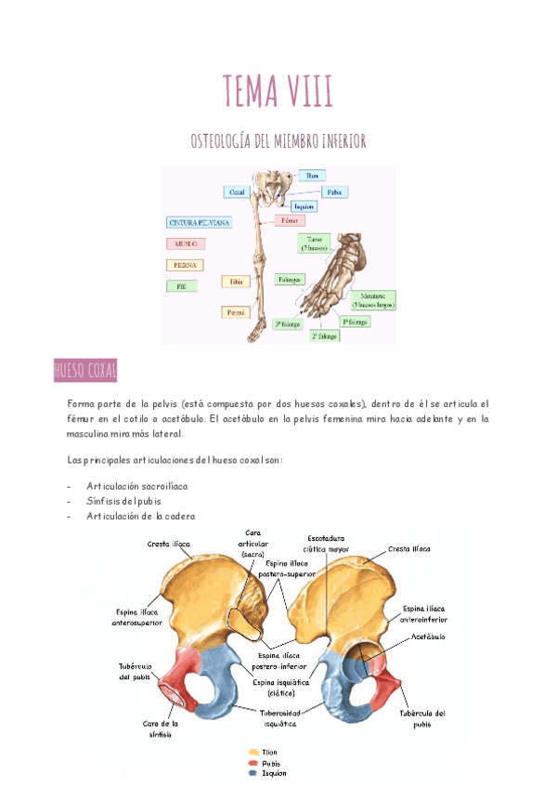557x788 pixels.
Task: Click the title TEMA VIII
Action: (278, 92)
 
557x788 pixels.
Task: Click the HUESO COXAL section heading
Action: (85, 372)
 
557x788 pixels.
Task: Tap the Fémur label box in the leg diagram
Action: (291, 221)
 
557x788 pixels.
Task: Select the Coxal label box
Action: (237, 191)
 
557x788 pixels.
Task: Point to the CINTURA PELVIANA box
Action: (200, 223)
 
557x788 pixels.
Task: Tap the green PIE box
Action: (182, 286)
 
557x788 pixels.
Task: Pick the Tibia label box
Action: (235, 281)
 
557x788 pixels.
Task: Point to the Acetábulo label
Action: (429, 637)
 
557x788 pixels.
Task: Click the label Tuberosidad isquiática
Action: (279, 716)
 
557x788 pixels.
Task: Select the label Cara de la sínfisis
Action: (160, 729)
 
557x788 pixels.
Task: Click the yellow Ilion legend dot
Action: (253, 752)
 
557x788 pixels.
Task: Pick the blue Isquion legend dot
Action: (253, 773)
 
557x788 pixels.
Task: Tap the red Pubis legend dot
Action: (253, 763)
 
